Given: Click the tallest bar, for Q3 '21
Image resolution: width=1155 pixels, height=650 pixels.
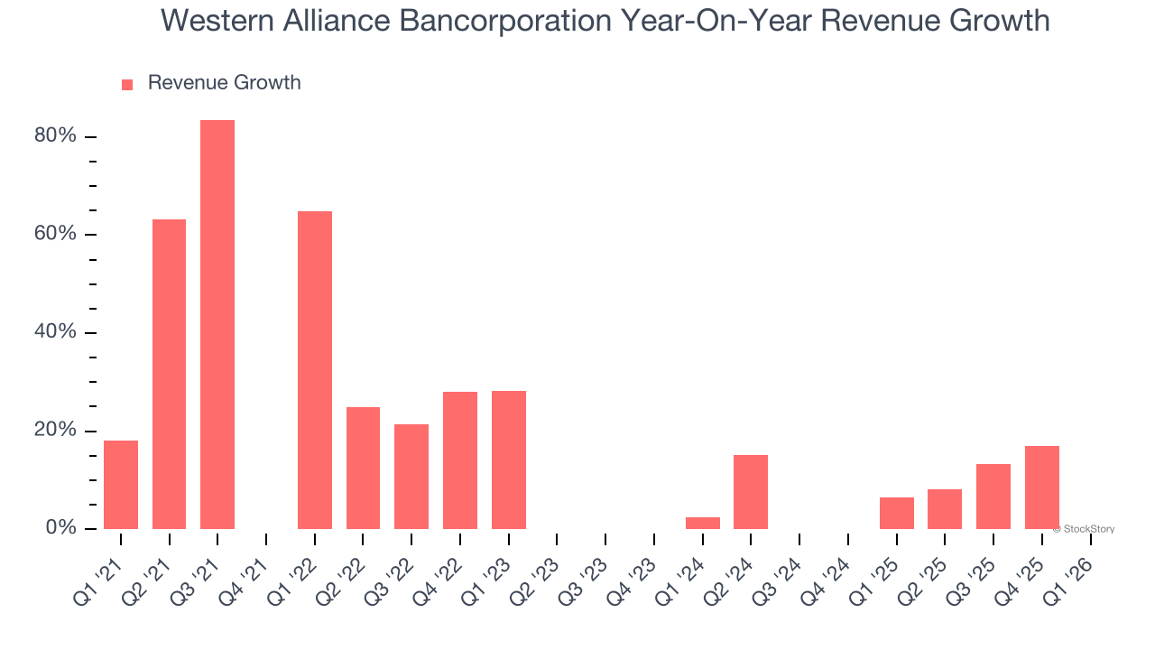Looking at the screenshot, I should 217,324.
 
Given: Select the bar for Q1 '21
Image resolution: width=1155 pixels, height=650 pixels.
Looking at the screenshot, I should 121,485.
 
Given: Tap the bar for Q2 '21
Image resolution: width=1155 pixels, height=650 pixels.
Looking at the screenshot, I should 169,374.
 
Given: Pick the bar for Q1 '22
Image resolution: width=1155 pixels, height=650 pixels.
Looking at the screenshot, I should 315,370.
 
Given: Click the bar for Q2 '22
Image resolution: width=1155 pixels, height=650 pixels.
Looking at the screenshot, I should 363,468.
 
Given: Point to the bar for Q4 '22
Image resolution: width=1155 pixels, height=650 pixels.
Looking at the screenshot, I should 460,460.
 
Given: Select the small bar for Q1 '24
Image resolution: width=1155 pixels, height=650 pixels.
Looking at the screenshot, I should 703,524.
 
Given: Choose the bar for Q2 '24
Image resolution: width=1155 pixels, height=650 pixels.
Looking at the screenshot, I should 751,492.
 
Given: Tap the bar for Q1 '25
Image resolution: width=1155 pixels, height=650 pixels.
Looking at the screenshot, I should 897,513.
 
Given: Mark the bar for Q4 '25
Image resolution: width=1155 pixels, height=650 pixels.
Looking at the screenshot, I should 1042,487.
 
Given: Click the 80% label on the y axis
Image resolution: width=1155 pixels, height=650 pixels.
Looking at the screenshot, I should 55,136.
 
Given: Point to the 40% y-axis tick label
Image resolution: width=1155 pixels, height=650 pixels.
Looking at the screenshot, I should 55,332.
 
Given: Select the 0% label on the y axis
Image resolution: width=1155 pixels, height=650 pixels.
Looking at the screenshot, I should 61,528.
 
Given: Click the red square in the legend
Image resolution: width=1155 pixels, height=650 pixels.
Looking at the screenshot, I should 127,84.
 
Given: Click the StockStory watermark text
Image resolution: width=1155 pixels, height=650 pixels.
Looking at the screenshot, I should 1086,529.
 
